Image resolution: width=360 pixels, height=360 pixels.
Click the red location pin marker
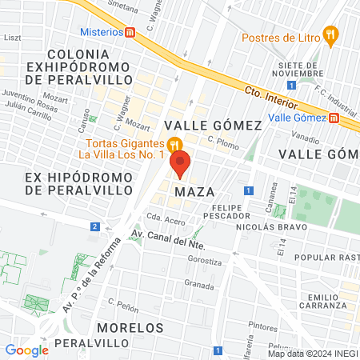(180, 164)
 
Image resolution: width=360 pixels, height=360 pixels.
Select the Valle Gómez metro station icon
(334, 117)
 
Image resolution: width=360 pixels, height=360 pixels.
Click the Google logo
(27, 350)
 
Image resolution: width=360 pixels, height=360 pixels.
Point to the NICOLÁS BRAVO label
(266, 226)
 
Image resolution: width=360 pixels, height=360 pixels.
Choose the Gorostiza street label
(204, 261)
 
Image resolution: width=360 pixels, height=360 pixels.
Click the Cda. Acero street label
(166, 219)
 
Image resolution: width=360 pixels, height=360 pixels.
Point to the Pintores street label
(262, 326)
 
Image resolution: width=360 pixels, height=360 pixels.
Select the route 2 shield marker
(95, 227)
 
